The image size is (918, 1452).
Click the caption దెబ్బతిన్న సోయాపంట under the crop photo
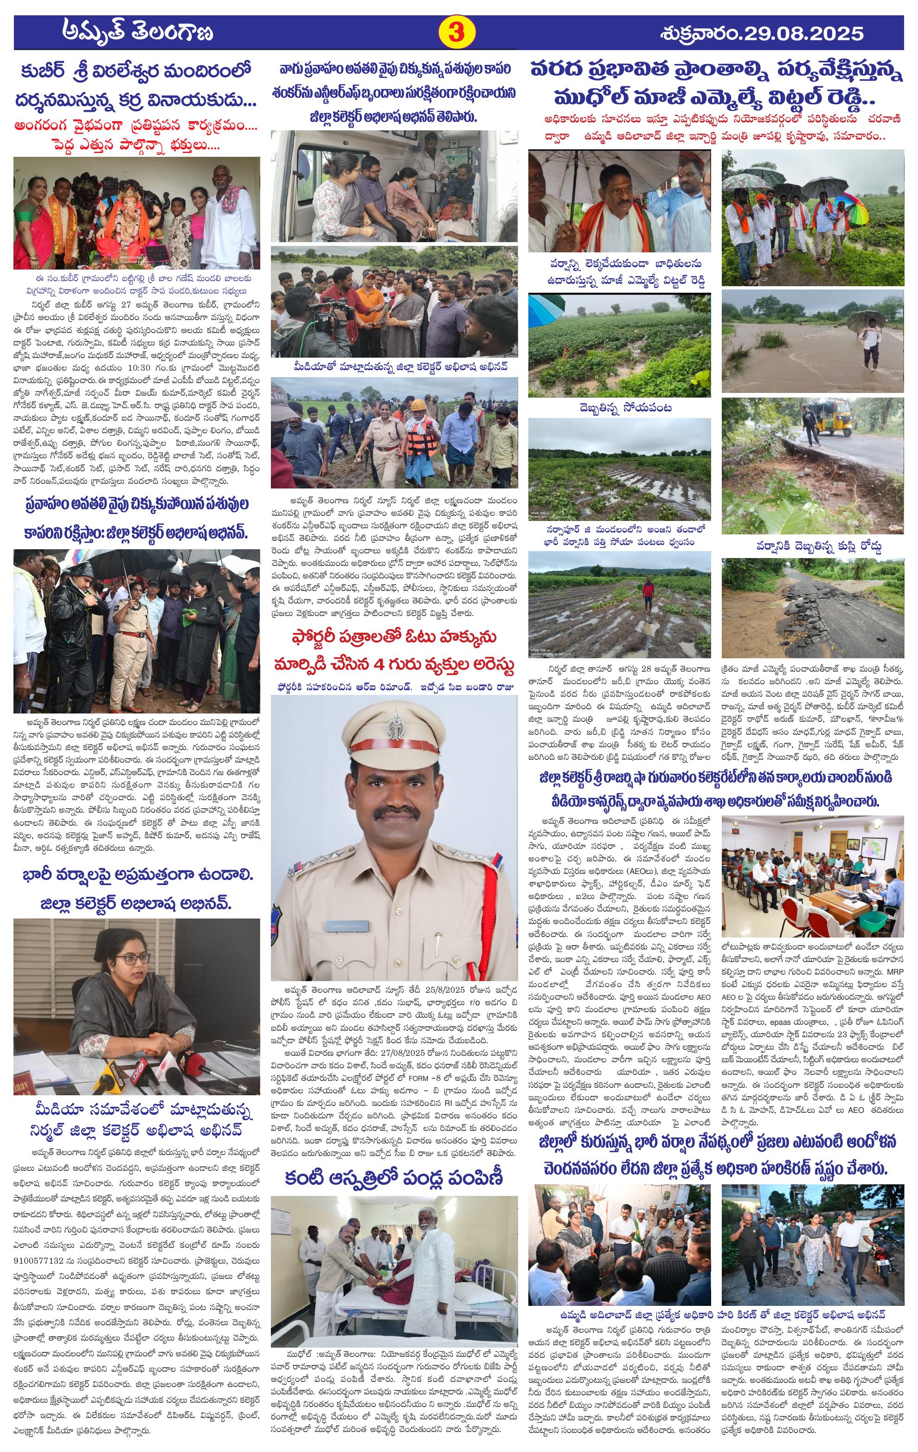[619, 408]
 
